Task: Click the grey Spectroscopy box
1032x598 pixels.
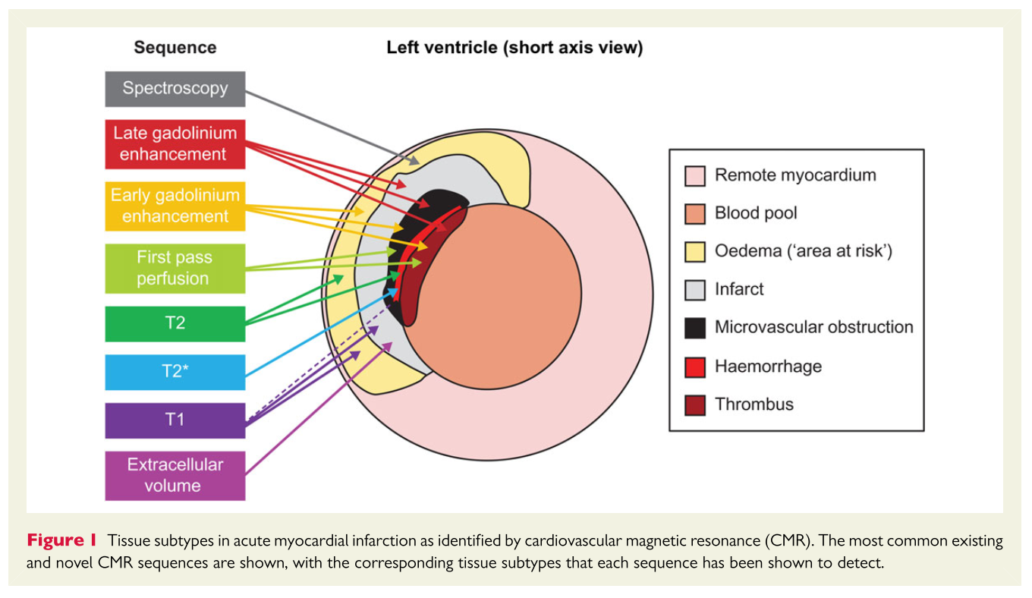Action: (175, 89)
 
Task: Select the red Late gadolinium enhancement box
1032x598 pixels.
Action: (175, 143)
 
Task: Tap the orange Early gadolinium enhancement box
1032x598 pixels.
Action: (175, 205)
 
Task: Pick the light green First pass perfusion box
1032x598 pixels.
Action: (175, 268)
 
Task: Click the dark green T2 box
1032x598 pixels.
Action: (175, 323)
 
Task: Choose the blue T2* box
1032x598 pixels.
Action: (175, 372)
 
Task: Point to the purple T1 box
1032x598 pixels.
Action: (175, 420)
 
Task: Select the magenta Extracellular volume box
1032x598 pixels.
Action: (175, 475)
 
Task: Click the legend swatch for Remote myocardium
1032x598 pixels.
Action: (695, 175)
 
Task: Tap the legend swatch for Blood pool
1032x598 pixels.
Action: (695, 213)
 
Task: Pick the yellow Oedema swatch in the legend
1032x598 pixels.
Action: (695, 251)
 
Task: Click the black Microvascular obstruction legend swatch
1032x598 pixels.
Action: (695, 327)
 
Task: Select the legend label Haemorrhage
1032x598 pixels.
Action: (768, 367)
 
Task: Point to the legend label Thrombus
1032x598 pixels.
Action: (754, 404)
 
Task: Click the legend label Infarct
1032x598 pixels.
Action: (739, 289)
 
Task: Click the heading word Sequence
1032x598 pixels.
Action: (175, 47)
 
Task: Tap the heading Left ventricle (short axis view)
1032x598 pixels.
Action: (514, 47)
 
